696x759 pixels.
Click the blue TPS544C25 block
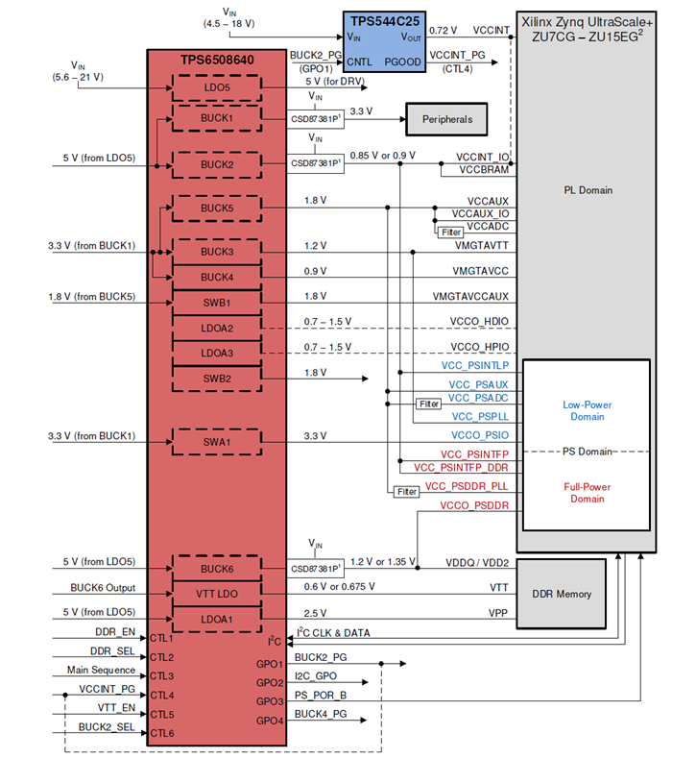(386, 40)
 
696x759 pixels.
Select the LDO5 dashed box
(216, 88)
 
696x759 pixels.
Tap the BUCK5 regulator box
(216, 208)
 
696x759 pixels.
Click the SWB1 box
(216, 302)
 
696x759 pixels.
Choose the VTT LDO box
(216, 594)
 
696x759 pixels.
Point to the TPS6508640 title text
(218, 61)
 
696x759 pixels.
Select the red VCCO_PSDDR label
(473, 505)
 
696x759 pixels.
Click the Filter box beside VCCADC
(450, 232)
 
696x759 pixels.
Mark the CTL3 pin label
(160, 676)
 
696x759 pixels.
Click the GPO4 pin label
(270, 721)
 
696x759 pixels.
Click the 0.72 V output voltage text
(444, 32)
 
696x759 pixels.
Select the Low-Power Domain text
(587, 410)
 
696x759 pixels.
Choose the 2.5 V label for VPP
(315, 613)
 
